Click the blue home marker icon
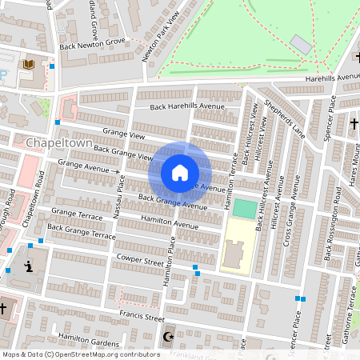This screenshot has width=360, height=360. (x=180, y=173)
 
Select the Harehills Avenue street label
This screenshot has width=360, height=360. (x=333, y=78)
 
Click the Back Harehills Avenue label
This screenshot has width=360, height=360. (x=188, y=106)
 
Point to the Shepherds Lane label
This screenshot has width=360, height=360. (x=286, y=118)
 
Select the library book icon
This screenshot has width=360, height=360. (x=30, y=64)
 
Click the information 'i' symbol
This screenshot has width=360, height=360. (x=30, y=267)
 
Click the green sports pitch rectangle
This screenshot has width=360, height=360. (x=244, y=209)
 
